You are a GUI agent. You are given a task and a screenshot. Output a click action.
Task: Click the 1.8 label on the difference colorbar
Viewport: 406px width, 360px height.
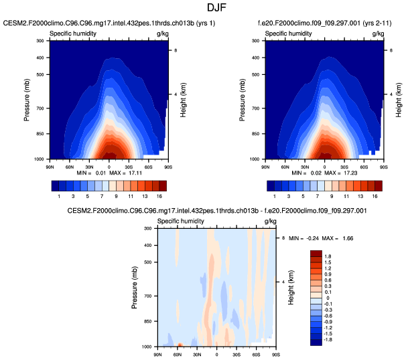coord(327,256)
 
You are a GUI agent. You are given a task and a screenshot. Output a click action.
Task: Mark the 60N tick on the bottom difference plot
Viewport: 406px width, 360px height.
coord(177,352)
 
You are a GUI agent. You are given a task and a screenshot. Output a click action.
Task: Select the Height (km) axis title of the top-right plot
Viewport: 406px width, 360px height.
coord(398,100)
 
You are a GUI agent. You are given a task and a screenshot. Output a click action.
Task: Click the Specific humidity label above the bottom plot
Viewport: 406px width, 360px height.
coord(180,221)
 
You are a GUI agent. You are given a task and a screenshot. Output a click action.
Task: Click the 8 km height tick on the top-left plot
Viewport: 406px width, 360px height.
coord(176,51)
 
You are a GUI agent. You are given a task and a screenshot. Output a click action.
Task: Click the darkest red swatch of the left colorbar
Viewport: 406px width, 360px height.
coord(162,185)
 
